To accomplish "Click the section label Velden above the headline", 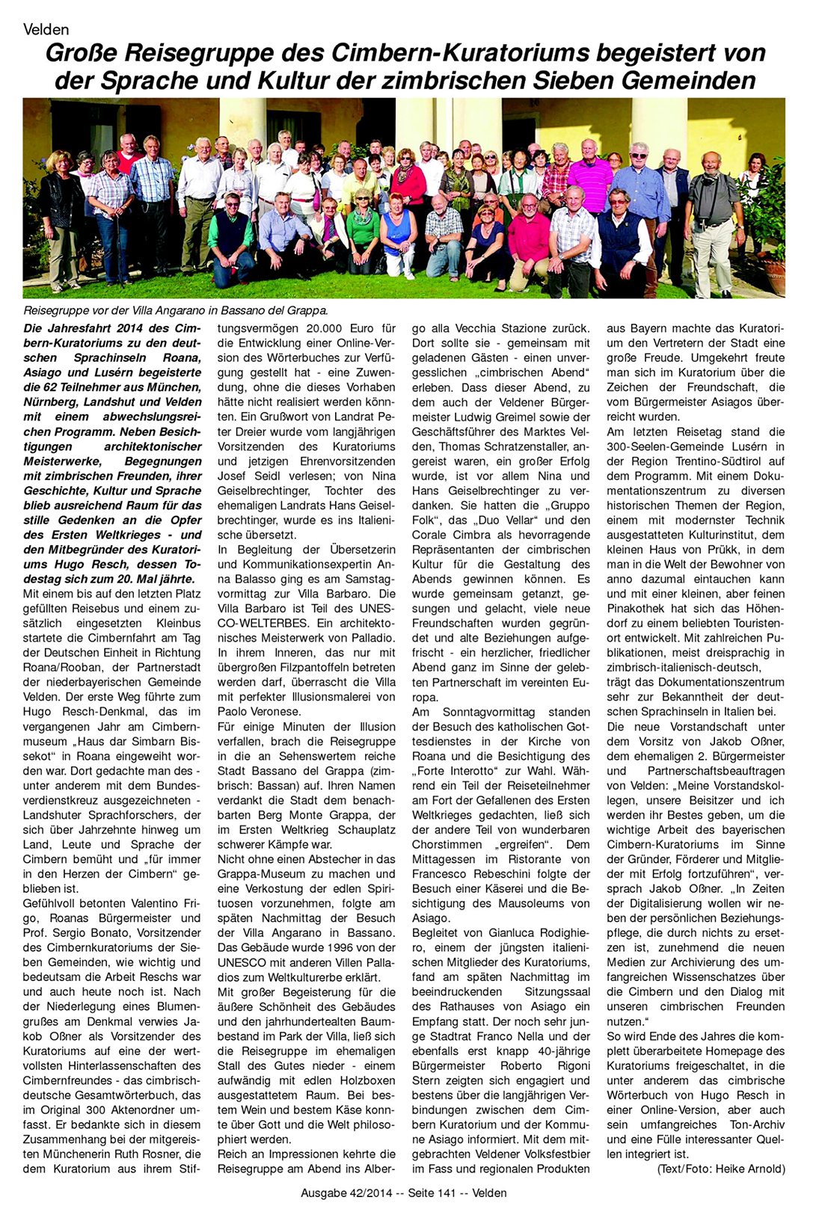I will (46, 30).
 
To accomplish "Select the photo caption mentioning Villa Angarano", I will (175, 310).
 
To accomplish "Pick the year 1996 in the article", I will (327, 947).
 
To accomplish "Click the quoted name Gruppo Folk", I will (554, 505).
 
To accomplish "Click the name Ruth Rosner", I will (168, 1154).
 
